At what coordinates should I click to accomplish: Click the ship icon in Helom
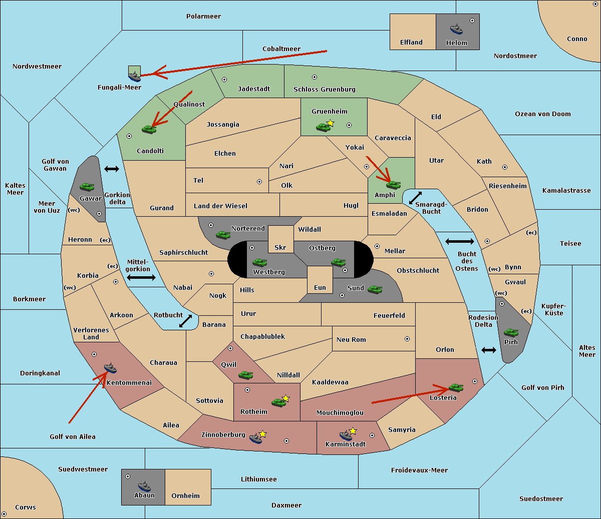tap(456, 29)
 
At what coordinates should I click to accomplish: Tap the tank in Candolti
tap(149, 129)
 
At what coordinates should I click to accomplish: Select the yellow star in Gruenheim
tap(331, 123)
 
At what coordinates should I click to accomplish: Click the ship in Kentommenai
tap(111, 368)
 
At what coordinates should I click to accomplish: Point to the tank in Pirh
tap(511, 332)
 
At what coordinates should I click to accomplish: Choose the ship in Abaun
tap(145, 486)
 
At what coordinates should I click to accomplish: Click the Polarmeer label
tap(203, 17)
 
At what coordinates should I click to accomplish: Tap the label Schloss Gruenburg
tap(324, 89)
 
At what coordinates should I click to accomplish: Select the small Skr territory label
tap(280, 247)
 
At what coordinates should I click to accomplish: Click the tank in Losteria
tap(456, 387)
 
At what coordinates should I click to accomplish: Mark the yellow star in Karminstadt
tap(353, 430)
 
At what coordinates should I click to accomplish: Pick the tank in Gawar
tap(87, 187)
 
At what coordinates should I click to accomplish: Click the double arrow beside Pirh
tap(489, 350)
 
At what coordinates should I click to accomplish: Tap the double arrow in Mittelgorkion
tap(141, 277)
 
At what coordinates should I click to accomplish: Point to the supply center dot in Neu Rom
tap(407, 339)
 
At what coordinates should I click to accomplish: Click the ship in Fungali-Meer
tap(134, 76)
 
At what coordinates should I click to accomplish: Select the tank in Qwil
tap(245, 375)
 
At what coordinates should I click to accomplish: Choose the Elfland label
tap(411, 43)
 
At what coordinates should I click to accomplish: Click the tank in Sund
tap(375, 289)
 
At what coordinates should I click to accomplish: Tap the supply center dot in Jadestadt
tap(224, 80)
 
